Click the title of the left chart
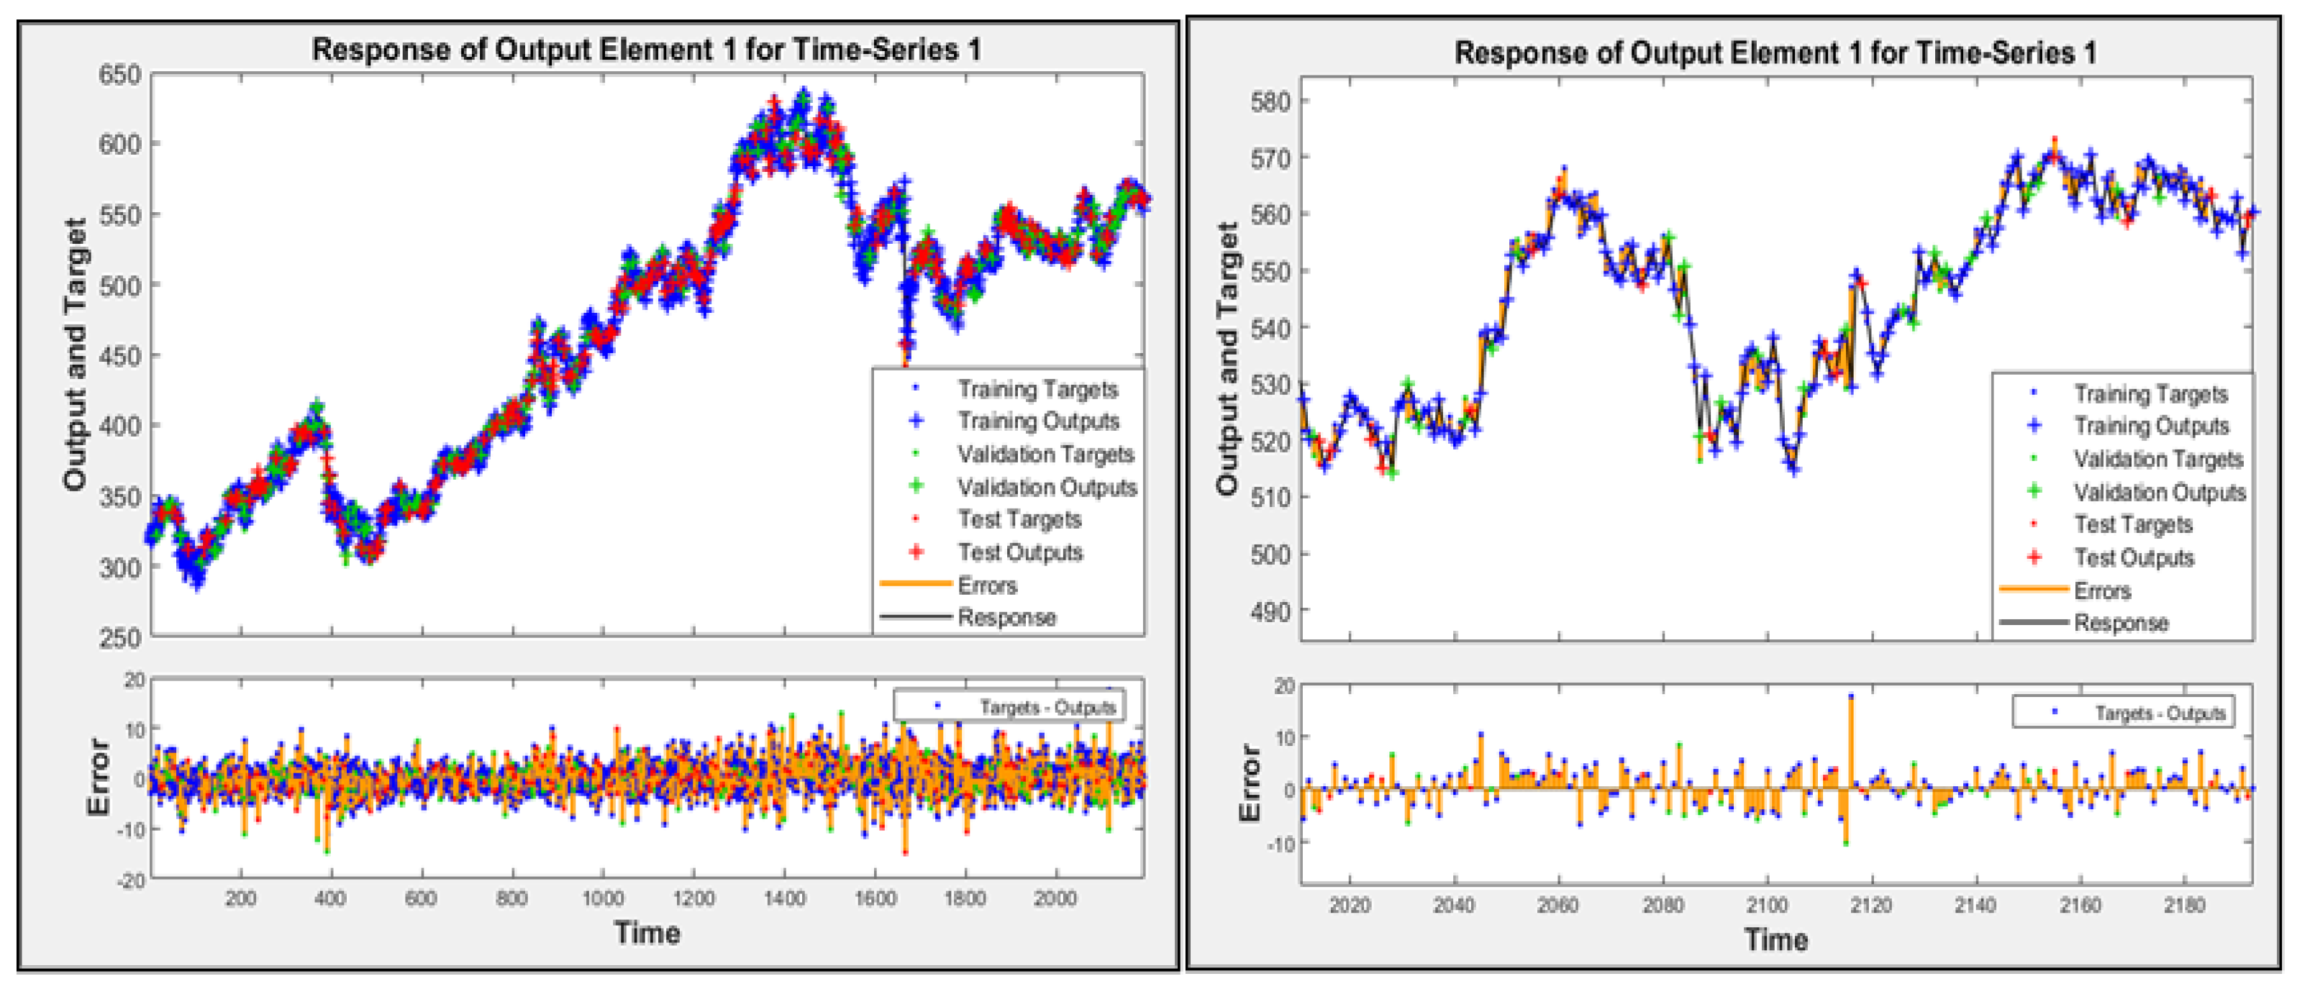(x=647, y=49)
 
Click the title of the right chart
(x=1775, y=53)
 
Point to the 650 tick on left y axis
(x=119, y=75)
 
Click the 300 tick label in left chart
(x=119, y=568)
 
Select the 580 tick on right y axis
(x=1270, y=101)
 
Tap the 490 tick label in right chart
(x=1270, y=612)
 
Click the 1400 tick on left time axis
(x=784, y=898)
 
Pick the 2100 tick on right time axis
(x=1766, y=905)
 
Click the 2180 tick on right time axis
(x=2184, y=905)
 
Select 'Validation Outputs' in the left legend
(x=1047, y=487)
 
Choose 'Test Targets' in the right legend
(x=2133, y=524)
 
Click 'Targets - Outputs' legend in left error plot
(x=1047, y=707)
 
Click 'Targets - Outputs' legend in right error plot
(x=2159, y=714)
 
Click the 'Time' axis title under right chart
(x=1775, y=939)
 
